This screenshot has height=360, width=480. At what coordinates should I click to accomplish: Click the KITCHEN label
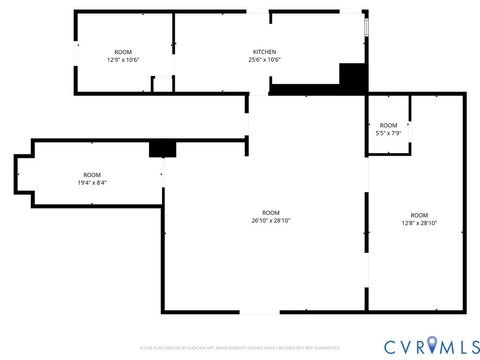click(x=264, y=52)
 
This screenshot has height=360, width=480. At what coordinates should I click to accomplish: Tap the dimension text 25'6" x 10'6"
click(x=264, y=60)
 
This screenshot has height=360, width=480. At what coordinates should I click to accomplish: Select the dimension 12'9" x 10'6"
click(x=123, y=60)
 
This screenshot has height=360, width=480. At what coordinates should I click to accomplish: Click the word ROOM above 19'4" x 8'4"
click(x=92, y=175)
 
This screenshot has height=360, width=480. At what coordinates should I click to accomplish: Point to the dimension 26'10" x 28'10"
click(x=271, y=220)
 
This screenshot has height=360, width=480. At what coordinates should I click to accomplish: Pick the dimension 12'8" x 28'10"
click(x=419, y=223)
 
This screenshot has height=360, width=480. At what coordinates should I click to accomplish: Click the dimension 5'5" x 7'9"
click(x=388, y=133)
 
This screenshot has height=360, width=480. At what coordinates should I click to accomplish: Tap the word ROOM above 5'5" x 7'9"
click(x=388, y=125)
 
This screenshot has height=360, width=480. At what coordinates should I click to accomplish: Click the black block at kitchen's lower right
click(x=353, y=78)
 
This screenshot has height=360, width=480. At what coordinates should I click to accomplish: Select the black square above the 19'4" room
click(x=162, y=148)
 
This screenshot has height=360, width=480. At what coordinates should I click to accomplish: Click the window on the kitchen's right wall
click(x=367, y=27)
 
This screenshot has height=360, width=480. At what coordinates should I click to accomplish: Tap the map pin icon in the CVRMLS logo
click(x=432, y=345)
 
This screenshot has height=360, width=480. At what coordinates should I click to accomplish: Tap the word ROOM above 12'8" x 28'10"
click(x=419, y=215)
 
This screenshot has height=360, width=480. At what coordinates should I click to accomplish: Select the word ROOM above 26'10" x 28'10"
click(x=271, y=212)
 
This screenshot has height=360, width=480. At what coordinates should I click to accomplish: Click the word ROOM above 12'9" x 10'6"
click(x=123, y=52)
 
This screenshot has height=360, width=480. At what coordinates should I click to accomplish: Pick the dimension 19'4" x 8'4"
click(x=92, y=183)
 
